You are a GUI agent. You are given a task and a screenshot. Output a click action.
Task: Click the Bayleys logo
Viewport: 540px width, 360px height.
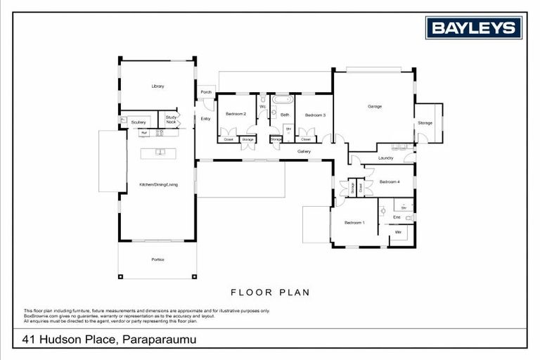coord(474,28)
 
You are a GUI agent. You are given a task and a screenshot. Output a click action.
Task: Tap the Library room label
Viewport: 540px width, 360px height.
coord(157,86)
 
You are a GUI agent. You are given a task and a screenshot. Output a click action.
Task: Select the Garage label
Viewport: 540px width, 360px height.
coord(375,106)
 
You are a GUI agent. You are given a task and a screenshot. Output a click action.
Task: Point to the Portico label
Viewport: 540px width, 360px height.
coord(157,260)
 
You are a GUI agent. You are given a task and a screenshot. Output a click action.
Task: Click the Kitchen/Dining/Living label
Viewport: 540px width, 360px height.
coord(158,184)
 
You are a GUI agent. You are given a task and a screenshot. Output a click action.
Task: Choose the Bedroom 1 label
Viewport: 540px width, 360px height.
coord(354,222)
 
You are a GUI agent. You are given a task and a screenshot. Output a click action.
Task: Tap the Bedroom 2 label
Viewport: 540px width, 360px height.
coord(236,115)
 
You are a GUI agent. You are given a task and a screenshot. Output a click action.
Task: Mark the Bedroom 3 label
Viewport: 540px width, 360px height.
coord(315,115)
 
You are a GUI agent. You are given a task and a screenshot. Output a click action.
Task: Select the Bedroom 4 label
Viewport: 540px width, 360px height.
coord(390,182)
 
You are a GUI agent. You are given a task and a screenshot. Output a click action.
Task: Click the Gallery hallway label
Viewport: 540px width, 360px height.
coord(304,151)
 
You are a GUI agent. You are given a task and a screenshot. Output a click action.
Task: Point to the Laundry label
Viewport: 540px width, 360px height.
coord(385,158)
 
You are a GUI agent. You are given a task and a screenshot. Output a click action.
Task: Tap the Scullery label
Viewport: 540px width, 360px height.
coord(139,122)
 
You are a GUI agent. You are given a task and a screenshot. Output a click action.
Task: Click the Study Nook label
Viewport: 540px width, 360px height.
coord(171,120)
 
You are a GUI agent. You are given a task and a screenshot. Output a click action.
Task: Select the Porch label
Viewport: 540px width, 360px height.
coord(206,92)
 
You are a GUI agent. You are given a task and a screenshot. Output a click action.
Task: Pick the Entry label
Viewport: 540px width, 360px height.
coord(205,119)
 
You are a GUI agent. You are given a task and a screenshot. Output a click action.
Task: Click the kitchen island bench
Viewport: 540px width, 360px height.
coord(159,152)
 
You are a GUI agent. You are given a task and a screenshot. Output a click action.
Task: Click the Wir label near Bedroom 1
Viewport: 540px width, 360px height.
coord(398,231)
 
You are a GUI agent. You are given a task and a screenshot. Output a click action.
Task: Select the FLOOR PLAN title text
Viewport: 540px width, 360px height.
coord(270,292)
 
